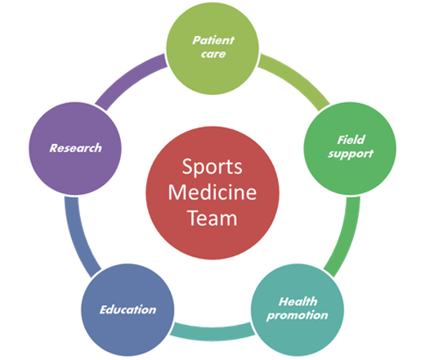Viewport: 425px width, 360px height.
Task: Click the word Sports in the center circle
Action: click(212, 168)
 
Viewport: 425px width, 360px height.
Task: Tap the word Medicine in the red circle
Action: click(212, 192)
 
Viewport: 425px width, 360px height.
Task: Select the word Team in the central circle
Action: click(212, 218)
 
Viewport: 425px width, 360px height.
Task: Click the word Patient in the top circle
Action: click(213, 40)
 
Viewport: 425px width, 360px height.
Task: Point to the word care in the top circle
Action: click(213, 54)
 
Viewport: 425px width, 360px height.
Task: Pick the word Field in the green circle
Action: click(351, 140)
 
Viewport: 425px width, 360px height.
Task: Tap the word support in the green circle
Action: click(351, 154)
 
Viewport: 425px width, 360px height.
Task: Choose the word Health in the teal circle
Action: click(297, 302)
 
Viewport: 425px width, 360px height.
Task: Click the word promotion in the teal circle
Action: click(297, 316)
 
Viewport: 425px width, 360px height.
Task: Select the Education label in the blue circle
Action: click(127, 310)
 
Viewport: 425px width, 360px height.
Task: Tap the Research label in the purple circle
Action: click(75, 148)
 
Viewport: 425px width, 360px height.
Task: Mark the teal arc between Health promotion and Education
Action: click(212, 332)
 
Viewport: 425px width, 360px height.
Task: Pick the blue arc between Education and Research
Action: click(78, 237)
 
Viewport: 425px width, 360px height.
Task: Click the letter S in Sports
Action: click(188, 166)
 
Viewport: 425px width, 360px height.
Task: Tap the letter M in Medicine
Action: click(177, 192)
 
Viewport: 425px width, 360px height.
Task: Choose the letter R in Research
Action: click(53, 148)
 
